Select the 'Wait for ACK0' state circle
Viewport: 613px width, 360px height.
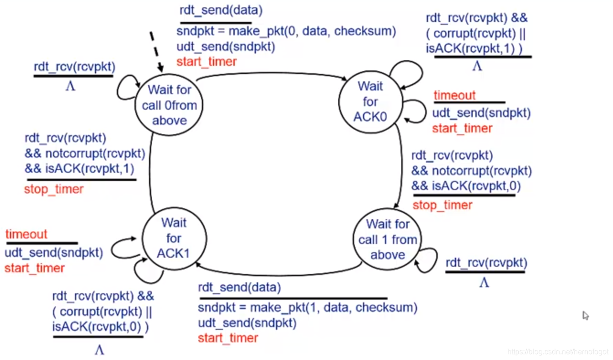coord(370,101)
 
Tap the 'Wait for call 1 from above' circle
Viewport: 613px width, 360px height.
coord(388,239)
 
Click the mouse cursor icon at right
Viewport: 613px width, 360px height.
coord(586,315)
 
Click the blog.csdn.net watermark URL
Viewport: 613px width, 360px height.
coord(558,352)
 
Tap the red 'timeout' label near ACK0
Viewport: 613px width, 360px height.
coord(454,95)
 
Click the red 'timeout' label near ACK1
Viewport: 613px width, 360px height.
coord(27,234)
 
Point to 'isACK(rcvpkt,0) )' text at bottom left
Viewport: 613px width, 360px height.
coord(101,327)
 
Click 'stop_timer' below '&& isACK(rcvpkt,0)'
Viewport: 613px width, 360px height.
coord(442,205)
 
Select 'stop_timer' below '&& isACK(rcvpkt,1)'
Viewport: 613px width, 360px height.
coord(54,189)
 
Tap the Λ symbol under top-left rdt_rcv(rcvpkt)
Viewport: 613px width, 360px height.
coord(70,86)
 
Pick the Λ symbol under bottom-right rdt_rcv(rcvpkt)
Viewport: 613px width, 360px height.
coord(484,283)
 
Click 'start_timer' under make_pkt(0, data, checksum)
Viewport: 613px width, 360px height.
coord(207,61)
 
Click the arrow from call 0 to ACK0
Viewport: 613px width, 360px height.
coord(270,73)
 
